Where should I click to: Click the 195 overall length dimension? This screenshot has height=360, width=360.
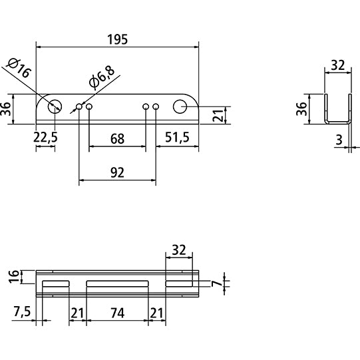pyautogui.click(x=117, y=39)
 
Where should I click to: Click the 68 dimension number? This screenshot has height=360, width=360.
pyautogui.click(x=117, y=138)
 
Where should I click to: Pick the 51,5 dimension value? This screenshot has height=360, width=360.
pyautogui.click(x=177, y=138)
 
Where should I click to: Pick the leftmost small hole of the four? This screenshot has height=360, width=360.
pyautogui.click(x=79, y=106)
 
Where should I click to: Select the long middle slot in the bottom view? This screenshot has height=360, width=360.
pyautogui.click(x=117, y=285)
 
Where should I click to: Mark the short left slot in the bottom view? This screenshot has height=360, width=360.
pyautogui.click(x=55, y=285)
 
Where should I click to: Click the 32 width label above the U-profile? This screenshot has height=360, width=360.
pyautogui.click(x=337, y=65)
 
